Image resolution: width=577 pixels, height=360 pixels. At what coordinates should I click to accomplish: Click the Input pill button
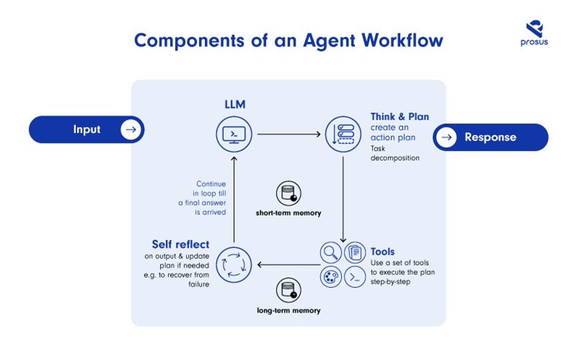tap(87, 130)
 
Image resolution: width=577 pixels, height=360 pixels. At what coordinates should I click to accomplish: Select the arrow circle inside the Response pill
tap(447, 137)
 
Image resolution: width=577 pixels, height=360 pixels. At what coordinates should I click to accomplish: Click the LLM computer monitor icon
tap(234, 133)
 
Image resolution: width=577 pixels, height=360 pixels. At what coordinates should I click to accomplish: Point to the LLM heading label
tap(235, 105)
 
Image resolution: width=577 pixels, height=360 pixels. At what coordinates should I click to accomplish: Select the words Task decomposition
tap(395, 153)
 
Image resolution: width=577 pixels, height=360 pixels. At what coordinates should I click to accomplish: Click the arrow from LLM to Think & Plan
tap(288, 134)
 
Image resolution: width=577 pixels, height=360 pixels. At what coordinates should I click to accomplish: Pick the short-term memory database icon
tap(288, 193)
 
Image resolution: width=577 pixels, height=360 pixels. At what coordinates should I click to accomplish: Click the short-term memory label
tap(288, 214)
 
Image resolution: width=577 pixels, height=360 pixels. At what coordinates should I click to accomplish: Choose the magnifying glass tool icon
tap(331, 252)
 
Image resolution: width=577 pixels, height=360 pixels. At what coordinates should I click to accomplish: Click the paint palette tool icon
tap(331, 277)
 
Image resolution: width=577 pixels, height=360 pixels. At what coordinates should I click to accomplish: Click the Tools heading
tap(382, 252)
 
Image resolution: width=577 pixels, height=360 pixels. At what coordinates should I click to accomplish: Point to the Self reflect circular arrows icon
tap(234, 264)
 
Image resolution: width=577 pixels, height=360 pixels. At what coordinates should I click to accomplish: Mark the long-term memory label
tap(288, 310)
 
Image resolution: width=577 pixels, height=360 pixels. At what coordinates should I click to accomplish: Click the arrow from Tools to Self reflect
tap(288, 264)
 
